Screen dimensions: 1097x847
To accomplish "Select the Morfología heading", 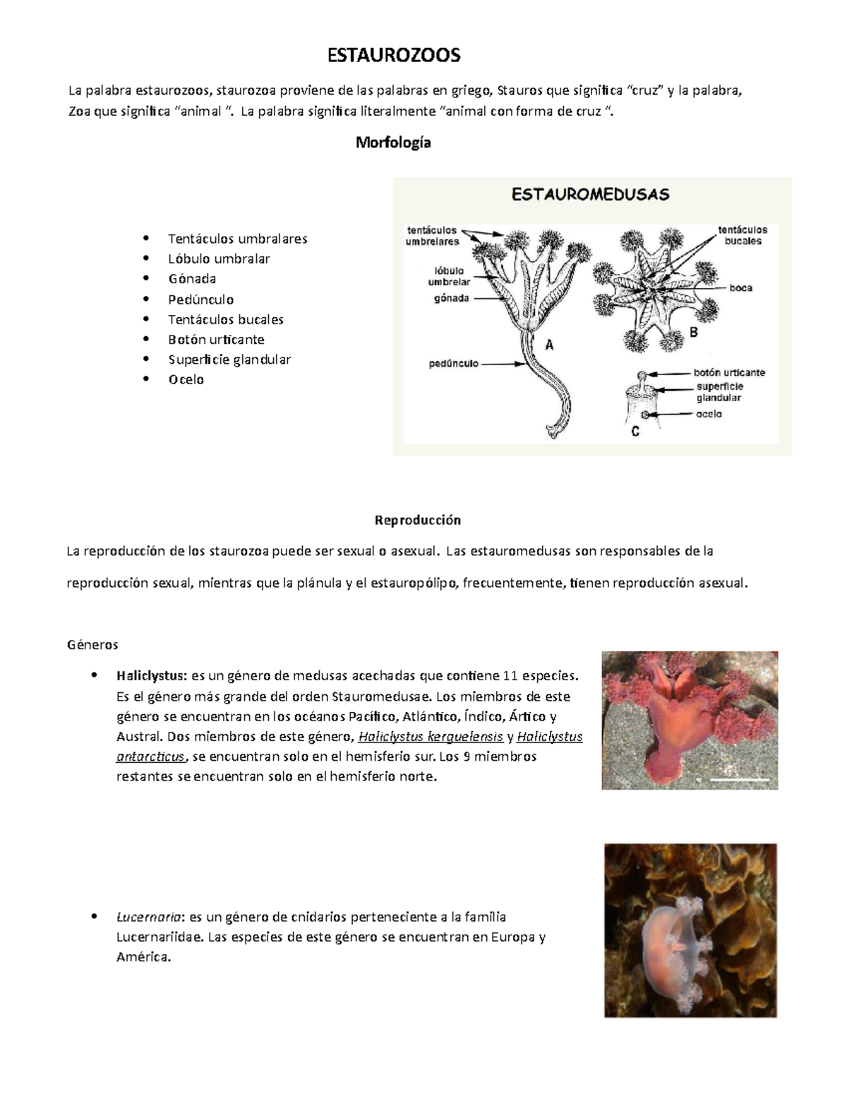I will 393,143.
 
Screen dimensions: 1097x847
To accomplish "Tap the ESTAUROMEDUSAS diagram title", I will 590,194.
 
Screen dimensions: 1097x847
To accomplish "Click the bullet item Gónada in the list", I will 192,279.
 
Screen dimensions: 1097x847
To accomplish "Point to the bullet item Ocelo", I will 186,380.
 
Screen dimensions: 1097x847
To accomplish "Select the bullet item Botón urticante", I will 216,340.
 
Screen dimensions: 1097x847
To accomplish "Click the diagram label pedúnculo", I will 454,364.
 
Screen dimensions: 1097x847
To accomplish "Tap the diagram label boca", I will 740,288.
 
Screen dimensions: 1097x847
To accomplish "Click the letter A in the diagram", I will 549,345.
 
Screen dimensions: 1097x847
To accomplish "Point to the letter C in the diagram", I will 635,431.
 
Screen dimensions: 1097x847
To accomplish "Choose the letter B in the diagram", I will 693,333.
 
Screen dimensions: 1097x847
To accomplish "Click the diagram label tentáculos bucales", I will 743,235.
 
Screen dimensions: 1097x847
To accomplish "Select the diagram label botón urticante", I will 729,372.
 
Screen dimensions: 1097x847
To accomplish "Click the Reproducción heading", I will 417,521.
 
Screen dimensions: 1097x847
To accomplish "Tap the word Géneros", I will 92,645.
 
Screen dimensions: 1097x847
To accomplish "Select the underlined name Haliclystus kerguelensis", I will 431,737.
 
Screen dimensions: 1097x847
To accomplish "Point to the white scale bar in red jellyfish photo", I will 739,779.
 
